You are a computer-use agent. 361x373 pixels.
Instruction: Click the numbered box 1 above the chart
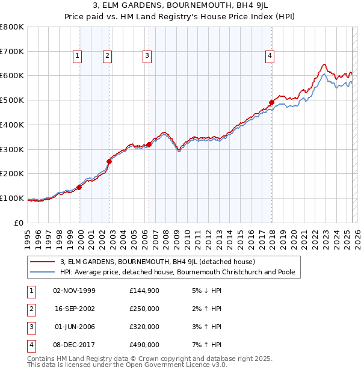pos(78,56)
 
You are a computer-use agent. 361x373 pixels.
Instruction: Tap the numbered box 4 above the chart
pos(270,56)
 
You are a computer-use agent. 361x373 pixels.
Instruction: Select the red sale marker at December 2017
pos(271,102)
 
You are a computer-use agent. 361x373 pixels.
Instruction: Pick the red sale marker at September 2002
pos(109,161)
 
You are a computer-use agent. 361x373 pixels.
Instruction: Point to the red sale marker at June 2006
pos(149,144)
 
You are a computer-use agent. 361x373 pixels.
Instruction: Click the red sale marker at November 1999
pos(79,187)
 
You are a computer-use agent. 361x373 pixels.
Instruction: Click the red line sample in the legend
pos(43,262)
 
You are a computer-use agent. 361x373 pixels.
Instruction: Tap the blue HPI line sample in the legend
pos(43,272)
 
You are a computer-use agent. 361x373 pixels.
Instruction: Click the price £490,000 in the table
pos(144,345)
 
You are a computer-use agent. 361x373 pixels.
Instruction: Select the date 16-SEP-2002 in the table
pos(75,309)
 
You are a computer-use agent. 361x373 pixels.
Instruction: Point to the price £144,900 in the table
pos(144,291)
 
